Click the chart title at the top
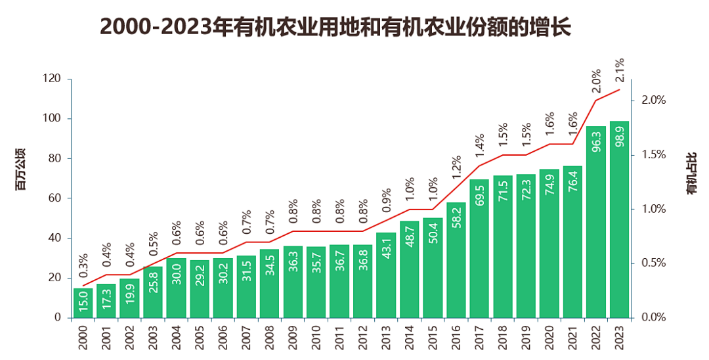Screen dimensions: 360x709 point(335,28)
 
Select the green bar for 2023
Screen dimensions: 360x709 point(619,219)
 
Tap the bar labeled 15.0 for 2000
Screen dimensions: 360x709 point(83,303)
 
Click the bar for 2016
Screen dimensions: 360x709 point(456,260)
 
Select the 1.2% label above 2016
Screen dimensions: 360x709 point(456,168)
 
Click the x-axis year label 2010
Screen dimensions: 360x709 point(316,340)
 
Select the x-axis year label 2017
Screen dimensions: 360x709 point(479,340)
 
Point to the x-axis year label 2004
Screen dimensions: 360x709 point(176,340)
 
